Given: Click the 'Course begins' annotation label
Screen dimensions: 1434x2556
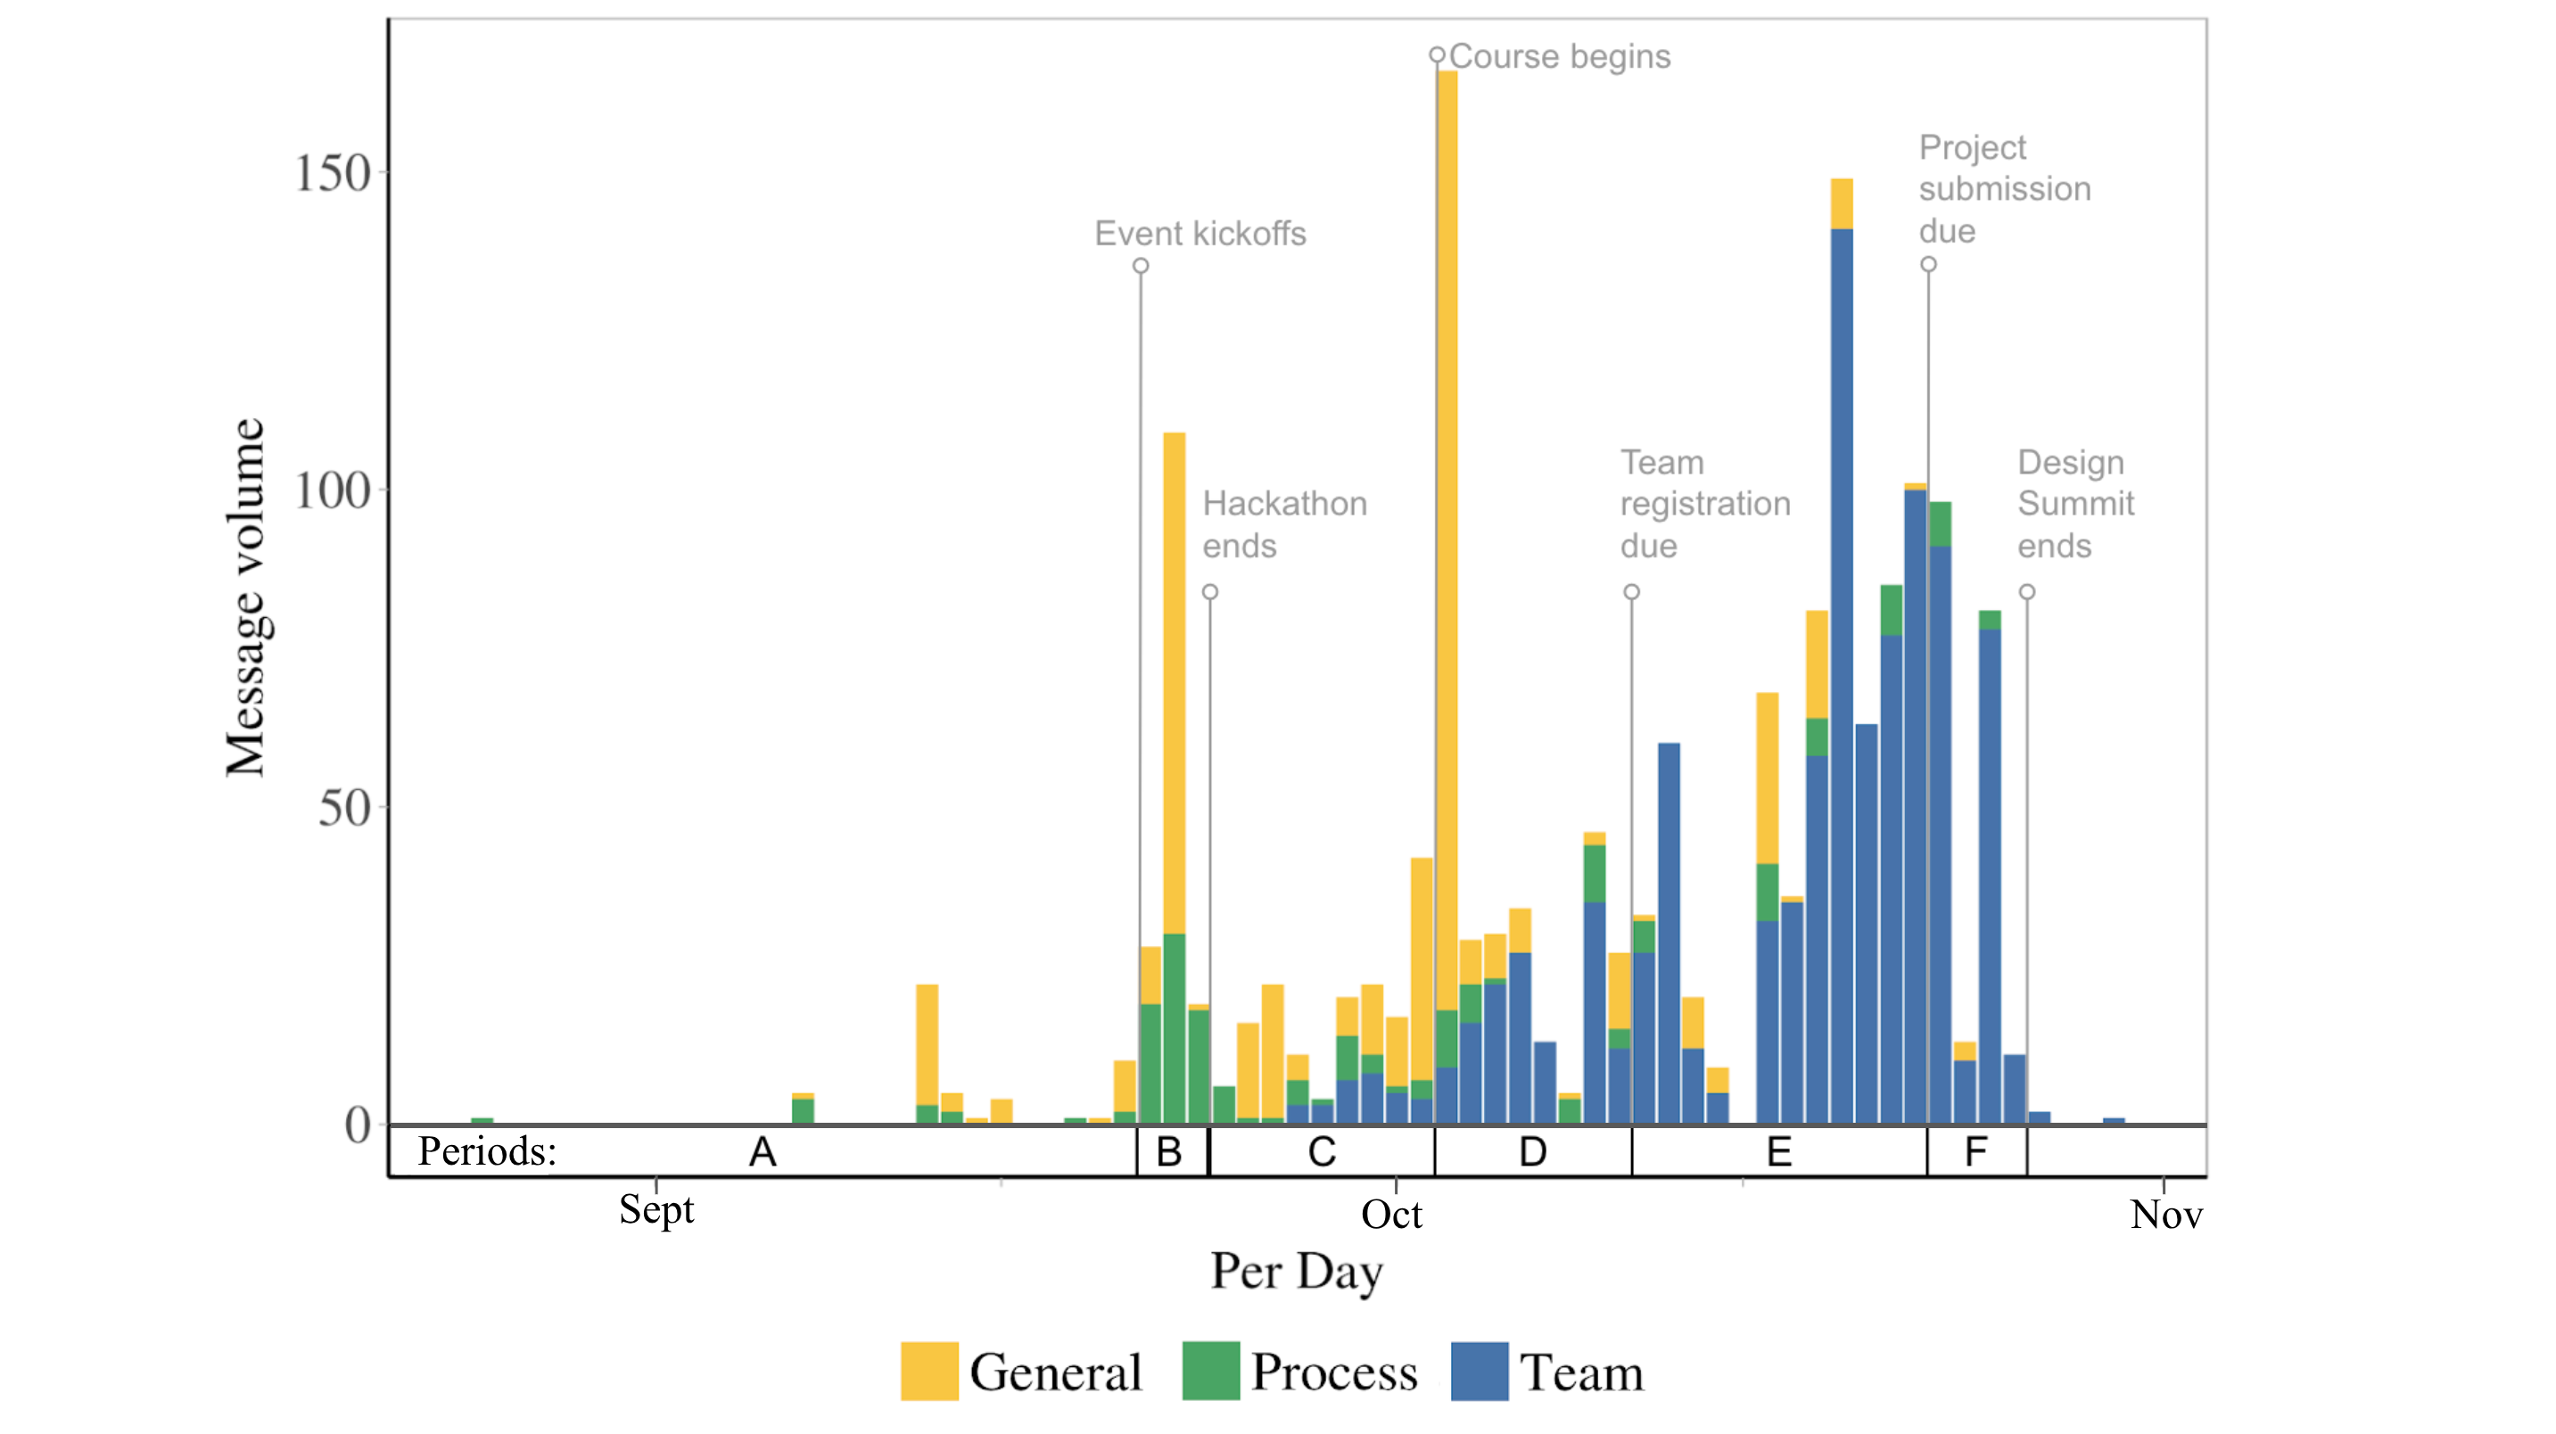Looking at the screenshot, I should (x=1559, y=56).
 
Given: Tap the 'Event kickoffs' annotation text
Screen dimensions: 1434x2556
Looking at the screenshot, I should (x=1200, y=234).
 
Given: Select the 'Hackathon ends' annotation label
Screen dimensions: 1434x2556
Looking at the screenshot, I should (x=1284, y=524).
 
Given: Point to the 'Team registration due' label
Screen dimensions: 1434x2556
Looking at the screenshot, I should (x=1703, y=503).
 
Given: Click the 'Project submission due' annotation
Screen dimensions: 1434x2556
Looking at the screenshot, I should (x=2003, y=188).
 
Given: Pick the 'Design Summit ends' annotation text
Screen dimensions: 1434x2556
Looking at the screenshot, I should (x=2074, y=503).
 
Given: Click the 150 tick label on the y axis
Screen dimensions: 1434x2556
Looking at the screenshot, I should (x=333, y=174).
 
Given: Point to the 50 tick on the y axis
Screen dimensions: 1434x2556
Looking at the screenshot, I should (x=343, y=809).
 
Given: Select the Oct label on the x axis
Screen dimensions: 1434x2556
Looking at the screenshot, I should (x=1391, y=1215).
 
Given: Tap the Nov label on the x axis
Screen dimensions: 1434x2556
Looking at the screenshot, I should (x=2165, y=1215).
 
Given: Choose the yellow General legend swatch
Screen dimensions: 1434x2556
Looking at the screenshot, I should (x=928, y=1371).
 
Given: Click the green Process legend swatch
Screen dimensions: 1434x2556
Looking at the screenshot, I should (x=1210, y=1371).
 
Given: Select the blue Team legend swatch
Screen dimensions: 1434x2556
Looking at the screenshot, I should (x=1479, y=1371).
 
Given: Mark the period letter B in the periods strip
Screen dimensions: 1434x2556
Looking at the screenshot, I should (x=1169, y=1152).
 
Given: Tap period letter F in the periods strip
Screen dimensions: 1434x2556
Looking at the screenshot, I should (x=1975, y=1152).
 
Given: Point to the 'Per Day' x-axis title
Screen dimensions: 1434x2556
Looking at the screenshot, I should (x=1296, y=1273).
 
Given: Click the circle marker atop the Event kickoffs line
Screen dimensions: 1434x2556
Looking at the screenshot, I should (x=1141, y=266).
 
